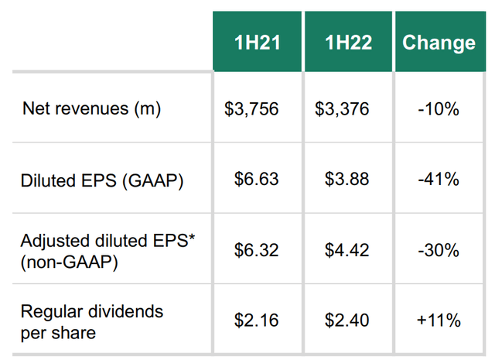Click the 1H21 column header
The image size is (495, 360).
pyautogui.click(x=258, y=43)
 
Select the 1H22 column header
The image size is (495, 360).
pyautogui.click(x=348, y=43)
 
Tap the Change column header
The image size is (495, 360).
pyautogui.click(x=439, y=43)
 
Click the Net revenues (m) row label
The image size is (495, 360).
pyautogui.click(x=91, y=109)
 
